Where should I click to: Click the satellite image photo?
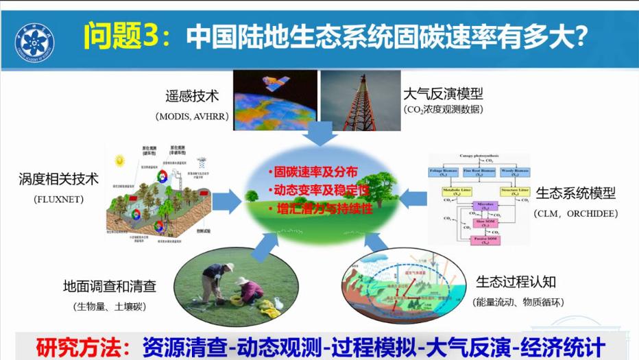coord(275,100)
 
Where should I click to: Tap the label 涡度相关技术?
coord(58,180)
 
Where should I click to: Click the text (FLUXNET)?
coord(58,200)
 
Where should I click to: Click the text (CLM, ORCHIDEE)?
coord(575,213)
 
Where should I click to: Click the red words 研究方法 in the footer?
coord(77,345)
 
